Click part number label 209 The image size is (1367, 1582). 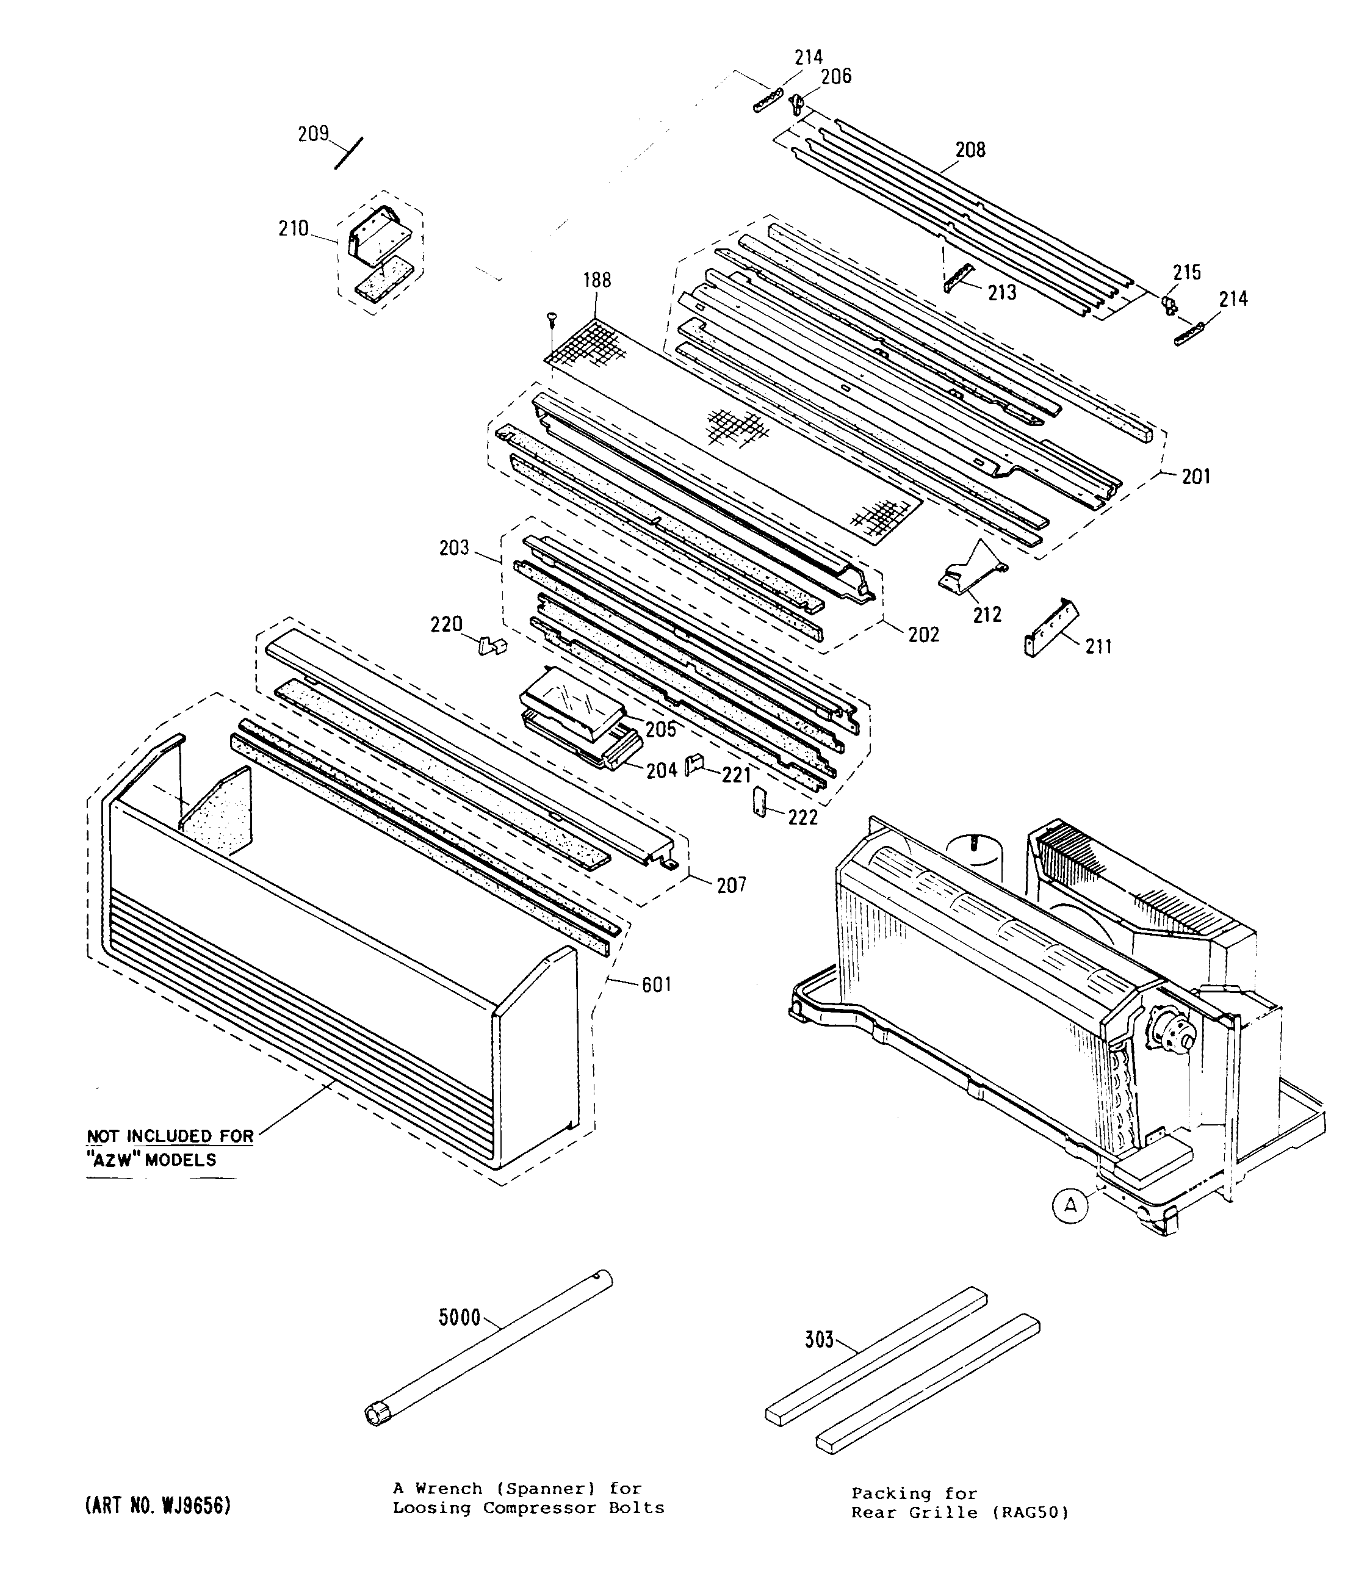click(313, 134)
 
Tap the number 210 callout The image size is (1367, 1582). click(293, 228)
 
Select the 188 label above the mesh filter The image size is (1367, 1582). click(597, 280)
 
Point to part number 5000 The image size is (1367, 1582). click(459, 1317)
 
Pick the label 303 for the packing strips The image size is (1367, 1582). click(819, 1339)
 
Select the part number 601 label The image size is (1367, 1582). click(657, 985)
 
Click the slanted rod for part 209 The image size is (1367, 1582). click(349, 153)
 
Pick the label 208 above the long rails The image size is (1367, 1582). click(970, 150)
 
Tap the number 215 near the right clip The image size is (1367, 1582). click(1187, 273)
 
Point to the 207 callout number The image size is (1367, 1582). click(731, 885)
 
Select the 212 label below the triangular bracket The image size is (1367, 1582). click(987, 615)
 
